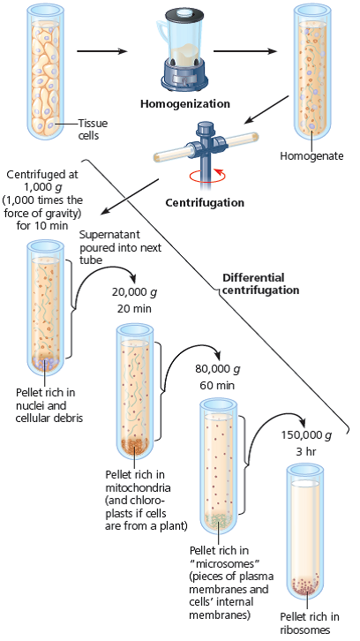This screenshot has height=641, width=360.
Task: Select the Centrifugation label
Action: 205,202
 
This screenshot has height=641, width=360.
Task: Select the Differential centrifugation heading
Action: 260,283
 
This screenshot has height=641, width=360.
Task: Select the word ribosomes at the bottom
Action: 304,630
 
